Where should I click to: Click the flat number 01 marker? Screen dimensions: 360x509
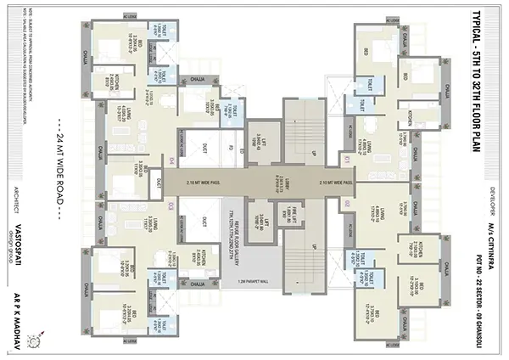click(x=347, y=159)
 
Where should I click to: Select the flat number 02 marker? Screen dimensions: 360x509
click(x=347, y=204)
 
